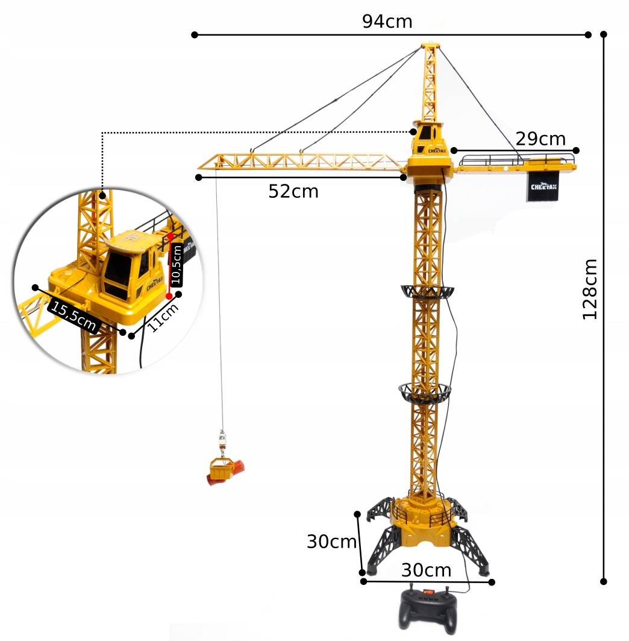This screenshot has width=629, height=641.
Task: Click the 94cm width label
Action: coord(387,21)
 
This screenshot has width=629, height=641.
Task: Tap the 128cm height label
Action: coord(589,289)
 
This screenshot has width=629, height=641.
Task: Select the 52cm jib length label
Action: coord(293,191)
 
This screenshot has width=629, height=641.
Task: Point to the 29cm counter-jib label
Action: coord(540,139)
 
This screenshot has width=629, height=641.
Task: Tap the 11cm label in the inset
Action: coord(163,317)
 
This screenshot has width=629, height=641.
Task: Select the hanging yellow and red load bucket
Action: coord(225,472)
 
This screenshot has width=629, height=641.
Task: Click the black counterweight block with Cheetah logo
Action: coord(543,186)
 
